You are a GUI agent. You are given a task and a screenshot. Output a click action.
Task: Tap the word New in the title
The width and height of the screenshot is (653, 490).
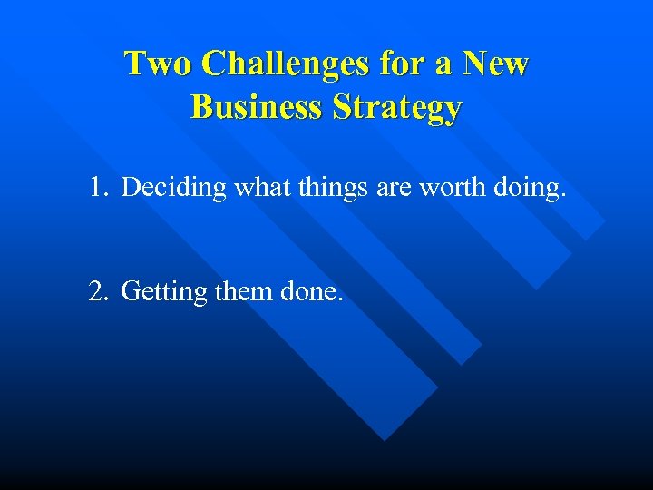[x=495, y=64]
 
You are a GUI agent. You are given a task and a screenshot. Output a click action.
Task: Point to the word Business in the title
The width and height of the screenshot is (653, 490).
[x=257, y=107]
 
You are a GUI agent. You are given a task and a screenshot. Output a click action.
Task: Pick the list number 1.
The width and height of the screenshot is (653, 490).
[x=98, y=188]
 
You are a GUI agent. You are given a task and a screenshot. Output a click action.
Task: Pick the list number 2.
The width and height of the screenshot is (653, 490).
[x=98, y=292]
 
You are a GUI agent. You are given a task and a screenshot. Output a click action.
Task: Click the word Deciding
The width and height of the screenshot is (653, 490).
[x=173, y=188]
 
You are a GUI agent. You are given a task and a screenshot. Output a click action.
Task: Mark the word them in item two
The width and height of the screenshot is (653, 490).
[x=245, y=292]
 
